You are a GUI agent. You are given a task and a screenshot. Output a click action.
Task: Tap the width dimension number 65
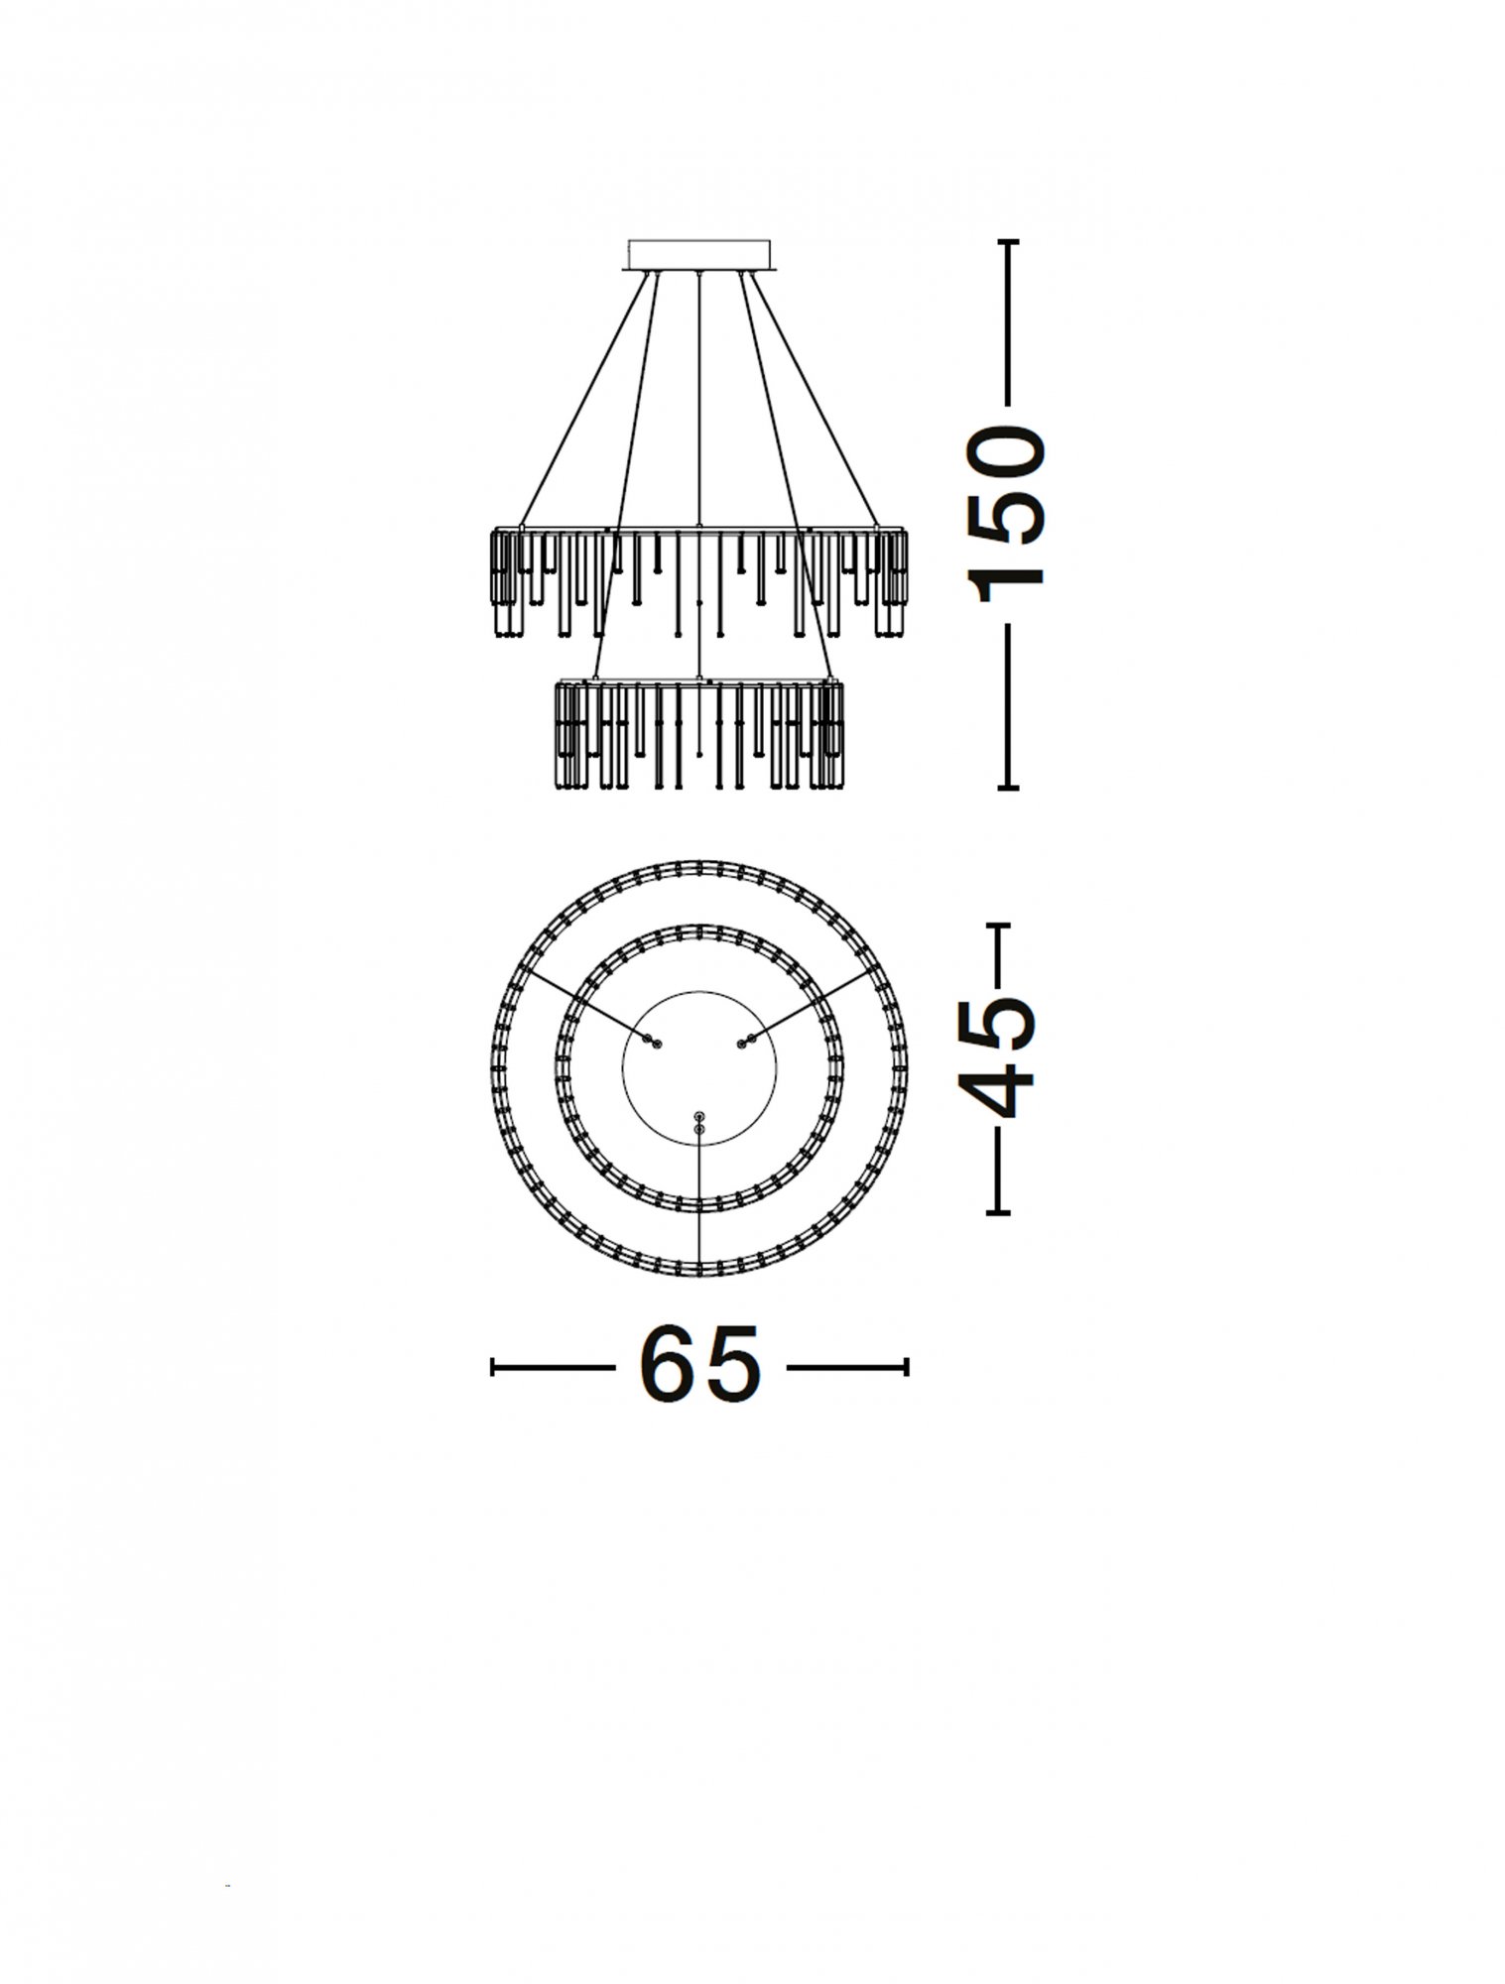click(699, 1367)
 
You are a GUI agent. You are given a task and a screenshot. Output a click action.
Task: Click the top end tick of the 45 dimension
click(998, 925)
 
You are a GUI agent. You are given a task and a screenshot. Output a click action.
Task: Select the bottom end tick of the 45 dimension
click(998, 1211)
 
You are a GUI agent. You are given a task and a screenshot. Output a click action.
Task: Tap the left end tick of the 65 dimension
click(494, 1367)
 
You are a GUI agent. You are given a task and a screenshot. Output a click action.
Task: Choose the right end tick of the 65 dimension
click(906, 1367)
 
